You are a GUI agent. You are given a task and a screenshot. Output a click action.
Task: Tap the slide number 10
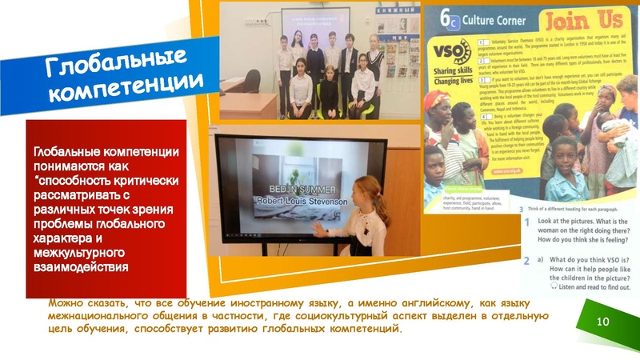(x=604, y=320)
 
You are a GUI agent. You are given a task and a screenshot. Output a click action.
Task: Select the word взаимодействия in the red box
(x=81, y=266)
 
